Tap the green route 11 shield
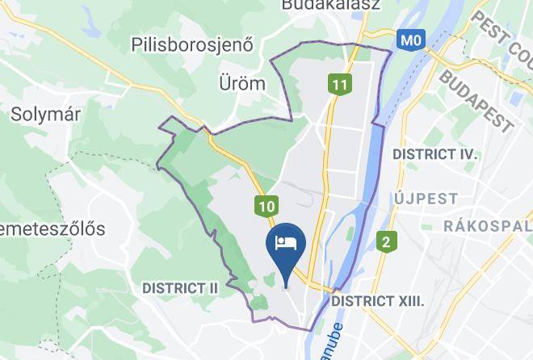click(339, 83)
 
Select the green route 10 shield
click(267, 207)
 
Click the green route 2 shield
click(387, 241)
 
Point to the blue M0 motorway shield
click(411, 39)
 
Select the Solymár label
click(45, 115)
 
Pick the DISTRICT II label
click(180, 287)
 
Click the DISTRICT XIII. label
click(378, 300)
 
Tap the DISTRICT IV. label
click(434, 153)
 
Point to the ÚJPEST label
click(426, 198)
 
